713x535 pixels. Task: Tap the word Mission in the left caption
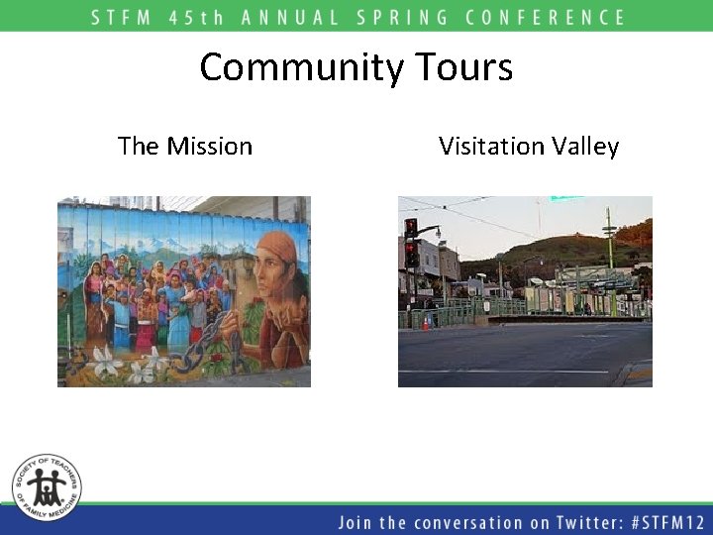[x=209, y=147]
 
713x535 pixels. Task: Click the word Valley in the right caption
[x=585, y=148]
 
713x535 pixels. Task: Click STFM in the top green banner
[x=124, y=17]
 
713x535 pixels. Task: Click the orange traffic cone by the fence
[x=427, y=322]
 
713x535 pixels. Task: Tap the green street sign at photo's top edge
[x=566, y=199]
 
